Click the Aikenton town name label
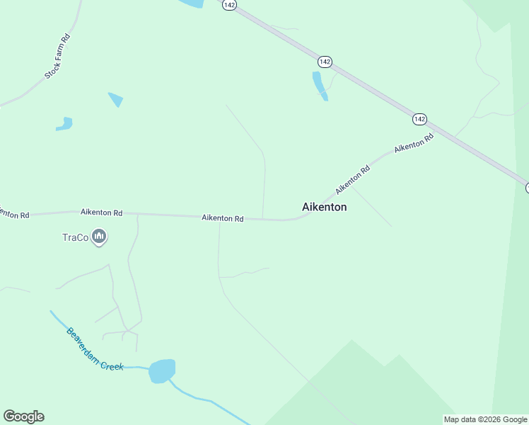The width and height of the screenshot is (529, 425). [x=325, y=207]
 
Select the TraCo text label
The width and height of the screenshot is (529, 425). [x=75, y=237]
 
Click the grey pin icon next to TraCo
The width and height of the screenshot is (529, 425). [x=99, y=237]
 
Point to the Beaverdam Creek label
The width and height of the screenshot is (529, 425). [x=95, y=349]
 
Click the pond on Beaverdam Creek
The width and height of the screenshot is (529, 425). [x=162, y=370]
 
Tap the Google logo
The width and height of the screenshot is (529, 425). [x=23, y=416]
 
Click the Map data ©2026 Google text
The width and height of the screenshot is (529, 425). [x=485, y=419]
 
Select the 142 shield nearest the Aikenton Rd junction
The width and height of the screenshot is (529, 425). [x=420, y=119]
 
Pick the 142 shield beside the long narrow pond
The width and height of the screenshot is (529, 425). [x=325, y=62]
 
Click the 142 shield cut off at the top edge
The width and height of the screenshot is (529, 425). [x=229, y=4]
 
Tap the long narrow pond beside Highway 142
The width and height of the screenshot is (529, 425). [x=320, y=86]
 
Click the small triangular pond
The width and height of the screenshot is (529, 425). [x=116, y=100]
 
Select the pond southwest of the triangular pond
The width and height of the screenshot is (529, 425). [x=64, y=124]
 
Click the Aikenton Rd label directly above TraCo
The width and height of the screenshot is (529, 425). [x=101, y=212]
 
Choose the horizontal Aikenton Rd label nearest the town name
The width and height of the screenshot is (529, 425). [x=222, y=218]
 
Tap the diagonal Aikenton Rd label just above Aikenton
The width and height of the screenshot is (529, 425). [x=353, y=181]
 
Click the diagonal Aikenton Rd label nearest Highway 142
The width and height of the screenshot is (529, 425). [x=414, y=143]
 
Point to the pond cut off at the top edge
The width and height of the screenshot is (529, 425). [x=192, y=4]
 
